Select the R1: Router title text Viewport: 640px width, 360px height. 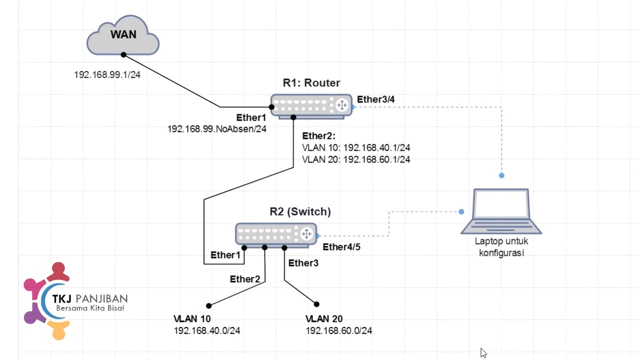coord(311,83)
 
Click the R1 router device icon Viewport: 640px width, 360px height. coord(311,106)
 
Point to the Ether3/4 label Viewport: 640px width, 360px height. coord(375,99)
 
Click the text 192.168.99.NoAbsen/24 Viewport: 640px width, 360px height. coord(216,129)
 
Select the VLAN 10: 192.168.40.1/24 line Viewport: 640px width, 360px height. coord(356,148)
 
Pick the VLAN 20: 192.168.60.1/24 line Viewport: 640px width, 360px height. coord(356,159)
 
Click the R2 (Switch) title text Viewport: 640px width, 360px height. coord(300,211)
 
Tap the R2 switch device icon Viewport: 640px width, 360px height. coord(276,234)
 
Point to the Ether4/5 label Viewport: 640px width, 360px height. coord(341,247)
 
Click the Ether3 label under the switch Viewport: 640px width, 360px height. coord(303,263)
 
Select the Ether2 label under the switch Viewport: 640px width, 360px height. coord(245,279)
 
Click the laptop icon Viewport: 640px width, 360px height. coord(501,211)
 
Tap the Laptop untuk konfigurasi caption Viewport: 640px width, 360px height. coord(501,247)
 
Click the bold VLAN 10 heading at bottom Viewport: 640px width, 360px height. coord(192,319)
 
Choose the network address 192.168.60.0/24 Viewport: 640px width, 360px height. coord(339,330)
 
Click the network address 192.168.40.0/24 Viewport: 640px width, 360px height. coord(207,330)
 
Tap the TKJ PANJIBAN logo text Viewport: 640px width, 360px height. coord(90,299)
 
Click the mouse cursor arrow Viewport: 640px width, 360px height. coord(483,353)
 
